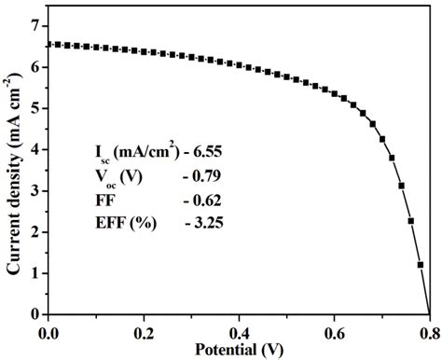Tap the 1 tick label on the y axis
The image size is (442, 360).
click(x=35, y=273)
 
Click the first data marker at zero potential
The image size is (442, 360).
click(x=47, y=44)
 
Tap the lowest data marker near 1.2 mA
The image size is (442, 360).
click(x=420, y=265)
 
